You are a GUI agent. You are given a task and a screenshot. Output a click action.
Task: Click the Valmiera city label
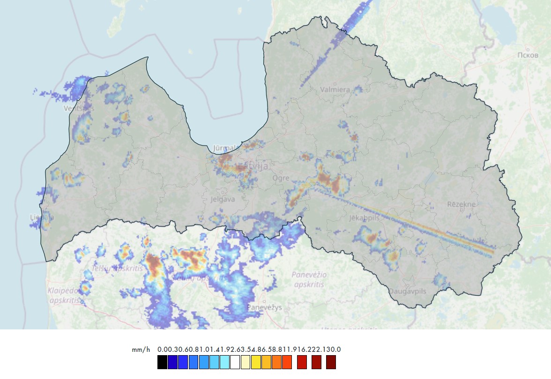[335, 89]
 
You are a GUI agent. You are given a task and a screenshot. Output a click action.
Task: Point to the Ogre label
[281, 178]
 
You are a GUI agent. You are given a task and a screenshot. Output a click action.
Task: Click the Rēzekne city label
[461, 204]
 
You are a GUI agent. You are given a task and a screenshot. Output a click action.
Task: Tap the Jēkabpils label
[364, 218]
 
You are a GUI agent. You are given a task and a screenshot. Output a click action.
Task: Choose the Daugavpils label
[408, 291]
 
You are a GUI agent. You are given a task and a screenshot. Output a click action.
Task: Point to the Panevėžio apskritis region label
[310, 279]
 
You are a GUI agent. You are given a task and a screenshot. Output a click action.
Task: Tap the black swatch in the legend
[162, 362]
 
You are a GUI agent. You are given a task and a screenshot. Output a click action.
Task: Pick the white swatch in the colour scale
[235, 362]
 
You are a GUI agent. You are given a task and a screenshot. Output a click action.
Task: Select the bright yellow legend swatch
[256, 362]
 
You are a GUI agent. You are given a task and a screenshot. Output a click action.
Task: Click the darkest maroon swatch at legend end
[331, 362]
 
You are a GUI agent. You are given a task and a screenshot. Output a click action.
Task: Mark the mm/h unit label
[141, 350]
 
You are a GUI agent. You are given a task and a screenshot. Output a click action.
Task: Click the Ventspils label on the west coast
[79, 109]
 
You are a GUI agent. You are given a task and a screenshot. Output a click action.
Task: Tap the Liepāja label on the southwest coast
[41, 218]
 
